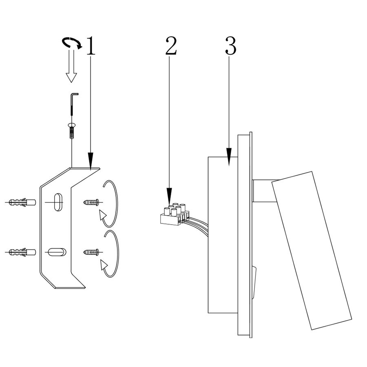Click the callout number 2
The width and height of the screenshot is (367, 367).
coord(171,46)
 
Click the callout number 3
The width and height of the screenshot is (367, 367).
coord(230,46)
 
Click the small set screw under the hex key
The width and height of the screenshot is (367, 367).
coord(72,131)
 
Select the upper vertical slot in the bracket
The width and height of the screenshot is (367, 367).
coord(58,201)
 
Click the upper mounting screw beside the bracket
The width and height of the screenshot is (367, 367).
coord(91,202)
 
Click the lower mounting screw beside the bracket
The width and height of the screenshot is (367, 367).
coord(91,252)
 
